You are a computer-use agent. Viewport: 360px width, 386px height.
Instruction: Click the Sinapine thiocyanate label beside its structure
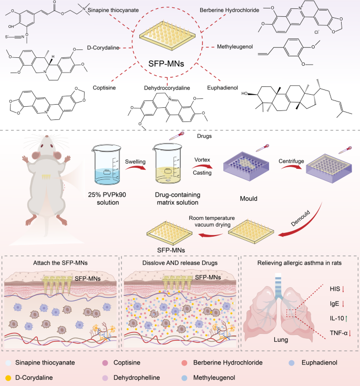pos(113,10)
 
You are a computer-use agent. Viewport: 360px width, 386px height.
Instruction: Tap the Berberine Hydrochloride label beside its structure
pos(229,10)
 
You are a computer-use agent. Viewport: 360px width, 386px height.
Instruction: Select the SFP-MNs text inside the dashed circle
pos(166,64)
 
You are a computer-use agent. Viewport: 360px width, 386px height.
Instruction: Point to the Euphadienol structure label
pos(222,88)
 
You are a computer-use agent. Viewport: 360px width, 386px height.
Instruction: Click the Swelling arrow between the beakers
pos(136,168)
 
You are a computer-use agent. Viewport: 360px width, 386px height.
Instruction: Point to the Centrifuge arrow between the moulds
pos(291,167)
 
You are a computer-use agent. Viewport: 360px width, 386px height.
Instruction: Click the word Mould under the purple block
pos(249,199)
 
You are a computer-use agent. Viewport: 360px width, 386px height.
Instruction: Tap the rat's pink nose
pos(46,136)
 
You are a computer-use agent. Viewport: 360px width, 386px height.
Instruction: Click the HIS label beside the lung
pos(335,289)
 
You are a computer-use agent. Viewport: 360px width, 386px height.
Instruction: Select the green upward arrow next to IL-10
pos(346,319)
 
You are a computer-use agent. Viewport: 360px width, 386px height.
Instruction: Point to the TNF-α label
pos(338,333)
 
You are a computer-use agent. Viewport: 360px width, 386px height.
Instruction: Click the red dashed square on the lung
pos(291,313)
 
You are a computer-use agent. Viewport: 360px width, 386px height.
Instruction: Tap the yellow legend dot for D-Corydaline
pos(8,378)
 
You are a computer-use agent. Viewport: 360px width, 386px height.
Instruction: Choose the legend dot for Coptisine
pos(105,363)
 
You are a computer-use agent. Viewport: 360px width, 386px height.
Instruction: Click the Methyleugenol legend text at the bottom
pos(214,378)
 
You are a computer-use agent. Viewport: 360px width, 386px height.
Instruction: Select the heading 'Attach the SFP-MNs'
pos(60,263)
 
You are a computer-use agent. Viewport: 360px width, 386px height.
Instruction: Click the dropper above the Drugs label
pos(177,136)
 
